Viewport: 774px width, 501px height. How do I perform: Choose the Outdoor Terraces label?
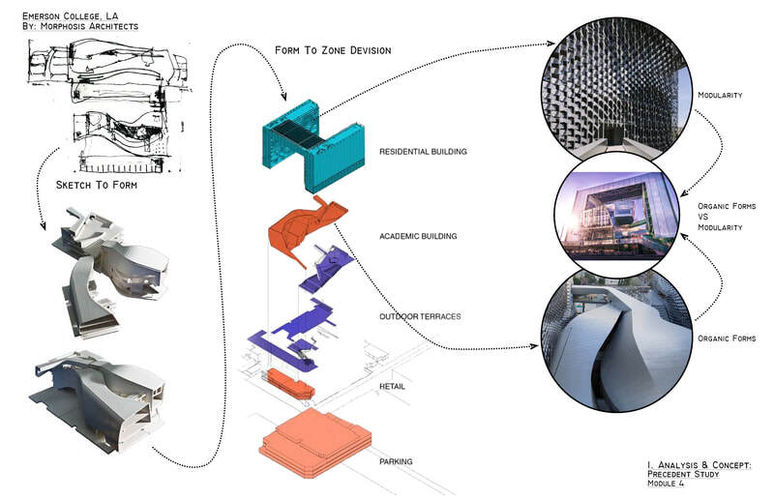click(420, 316)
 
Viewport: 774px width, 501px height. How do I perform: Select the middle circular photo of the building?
click(616, 218)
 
